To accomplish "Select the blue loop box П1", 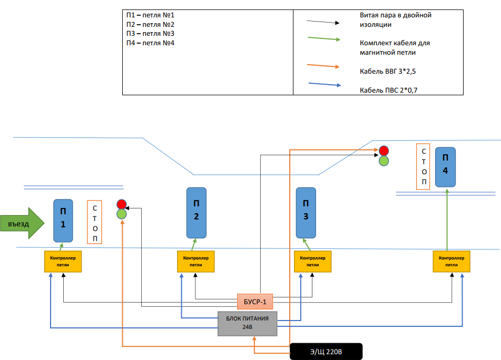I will point(64,221).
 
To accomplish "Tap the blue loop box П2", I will point(197,212).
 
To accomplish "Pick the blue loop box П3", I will point(306,212).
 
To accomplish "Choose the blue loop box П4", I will point(445,167).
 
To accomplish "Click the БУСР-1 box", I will point(255,301).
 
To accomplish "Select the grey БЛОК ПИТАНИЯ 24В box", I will point(248,323).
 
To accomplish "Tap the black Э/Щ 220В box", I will point(326,351).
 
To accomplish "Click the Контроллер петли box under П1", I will point(63,261).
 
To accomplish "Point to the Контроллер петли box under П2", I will point(196,261).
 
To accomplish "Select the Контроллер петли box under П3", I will point(313,261).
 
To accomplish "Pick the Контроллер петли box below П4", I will point(451,261).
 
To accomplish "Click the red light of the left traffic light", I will point(122,204).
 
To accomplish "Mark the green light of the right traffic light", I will point(384,161).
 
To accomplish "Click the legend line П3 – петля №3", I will point(150,33).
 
